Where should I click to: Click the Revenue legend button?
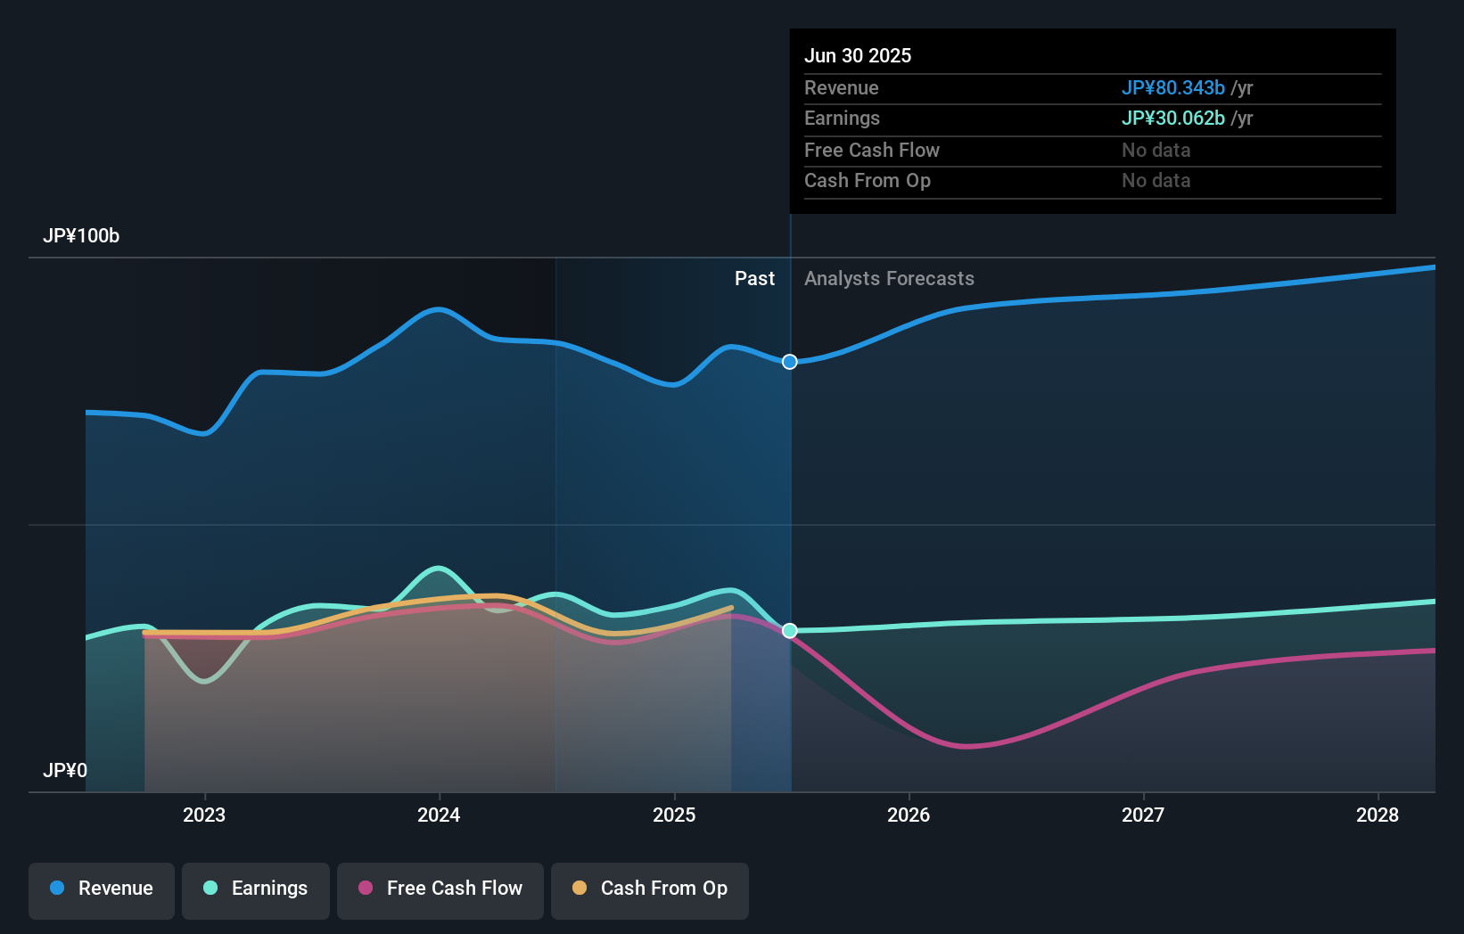point(102,889)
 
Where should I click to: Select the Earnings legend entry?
point(256,889)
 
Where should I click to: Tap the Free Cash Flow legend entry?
point(440,889)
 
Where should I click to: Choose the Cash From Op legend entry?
point(650,889)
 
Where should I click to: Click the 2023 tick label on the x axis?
point(204,815)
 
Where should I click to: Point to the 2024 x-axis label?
point(439,815)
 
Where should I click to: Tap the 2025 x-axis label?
point(674,815)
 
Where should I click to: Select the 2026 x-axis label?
point(909,815)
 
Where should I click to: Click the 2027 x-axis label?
point(1143,815)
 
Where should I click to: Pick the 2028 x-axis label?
point(1378,815)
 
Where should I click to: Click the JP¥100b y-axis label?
point(81,236)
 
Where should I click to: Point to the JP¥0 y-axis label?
point(65,771)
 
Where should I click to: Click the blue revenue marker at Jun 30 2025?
point(790,362)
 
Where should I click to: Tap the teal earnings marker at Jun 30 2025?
point(790,631)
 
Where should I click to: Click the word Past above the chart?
point(754,279)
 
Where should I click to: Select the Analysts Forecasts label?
point(889,279)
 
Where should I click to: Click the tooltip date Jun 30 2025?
point(858,56)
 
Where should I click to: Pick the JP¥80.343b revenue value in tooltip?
point(1172,88)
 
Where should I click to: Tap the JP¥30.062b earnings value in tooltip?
point(1172,119)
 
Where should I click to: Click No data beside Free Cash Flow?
point(1156,151)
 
